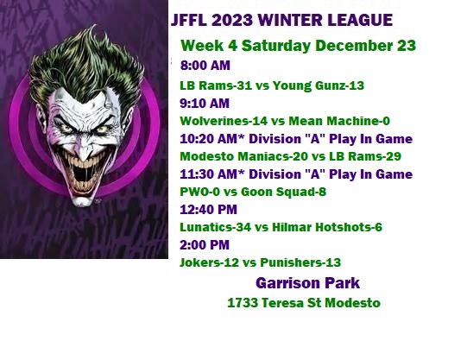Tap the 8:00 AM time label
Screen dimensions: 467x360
point(205,66)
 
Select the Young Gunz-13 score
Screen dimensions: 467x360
point(318,85)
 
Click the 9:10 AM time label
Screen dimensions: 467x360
point(205,104)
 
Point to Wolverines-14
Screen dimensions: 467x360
point(216,121)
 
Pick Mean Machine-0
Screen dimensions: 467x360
point(339,121)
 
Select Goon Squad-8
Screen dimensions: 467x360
point(283,192)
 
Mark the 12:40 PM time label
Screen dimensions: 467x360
point(209,209)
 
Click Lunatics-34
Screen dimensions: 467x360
point(215,227)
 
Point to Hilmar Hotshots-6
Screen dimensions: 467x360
point(327,227)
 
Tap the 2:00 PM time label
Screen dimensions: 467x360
point(205,245)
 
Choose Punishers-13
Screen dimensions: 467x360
point(300,262)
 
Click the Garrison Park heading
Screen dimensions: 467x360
point(307,283)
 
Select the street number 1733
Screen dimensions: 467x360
point(243,303)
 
